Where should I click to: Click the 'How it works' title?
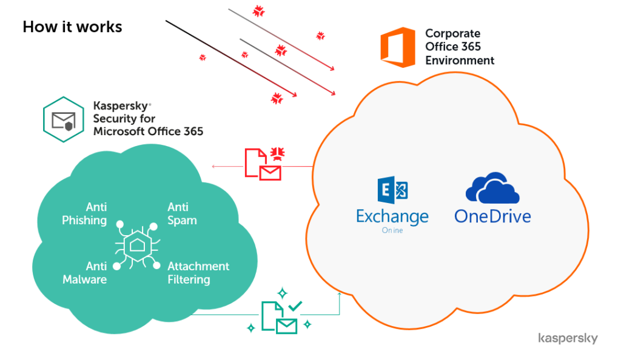(73, 27)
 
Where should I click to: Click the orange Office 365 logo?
(398, 47)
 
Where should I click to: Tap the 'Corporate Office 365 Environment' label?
(460, 47)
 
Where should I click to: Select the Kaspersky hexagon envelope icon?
(63, 119)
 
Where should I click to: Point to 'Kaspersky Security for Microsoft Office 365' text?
(148, 118)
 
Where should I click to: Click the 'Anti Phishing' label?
(84, 213)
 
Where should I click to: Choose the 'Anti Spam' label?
(182, 213)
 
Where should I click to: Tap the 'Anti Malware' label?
(85, 273)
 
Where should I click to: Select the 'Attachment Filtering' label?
(198, 273)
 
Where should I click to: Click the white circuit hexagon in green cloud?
(137, 245)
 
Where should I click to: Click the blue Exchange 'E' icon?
(392, 190)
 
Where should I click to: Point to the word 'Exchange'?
(392, 216)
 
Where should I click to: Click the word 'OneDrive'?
(492, 216)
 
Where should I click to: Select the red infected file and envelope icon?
(263, 164)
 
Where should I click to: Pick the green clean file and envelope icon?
(279, 318)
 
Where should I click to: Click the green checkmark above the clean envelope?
(295, 306)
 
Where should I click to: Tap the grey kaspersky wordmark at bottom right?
(568, 339)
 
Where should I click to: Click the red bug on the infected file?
(278, 153)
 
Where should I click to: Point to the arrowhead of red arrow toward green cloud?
(214, 167)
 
